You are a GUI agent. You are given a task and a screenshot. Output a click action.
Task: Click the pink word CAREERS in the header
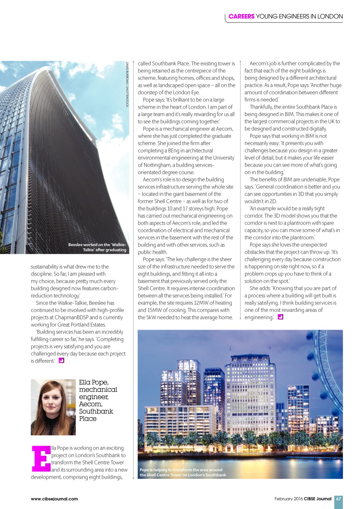click(x=241, y=17)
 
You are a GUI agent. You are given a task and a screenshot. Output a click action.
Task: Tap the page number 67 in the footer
click(x=338, y=498)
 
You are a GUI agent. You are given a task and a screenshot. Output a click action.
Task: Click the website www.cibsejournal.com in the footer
click(x=54, y=499)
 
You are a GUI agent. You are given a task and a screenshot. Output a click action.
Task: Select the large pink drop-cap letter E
click(x=41, y=459)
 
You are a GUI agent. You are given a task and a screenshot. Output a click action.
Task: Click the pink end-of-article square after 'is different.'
click(x=62, y=361)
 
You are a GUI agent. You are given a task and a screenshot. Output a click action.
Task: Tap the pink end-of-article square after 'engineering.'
click(x=280, y=317)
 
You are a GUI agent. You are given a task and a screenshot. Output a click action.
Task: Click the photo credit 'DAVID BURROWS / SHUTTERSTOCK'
click(x=127, y=84)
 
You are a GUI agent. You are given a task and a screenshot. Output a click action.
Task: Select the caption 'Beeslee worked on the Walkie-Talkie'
click(x=97, y=247)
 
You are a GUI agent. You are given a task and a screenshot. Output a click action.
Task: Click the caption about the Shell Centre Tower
click(x=182, y=472)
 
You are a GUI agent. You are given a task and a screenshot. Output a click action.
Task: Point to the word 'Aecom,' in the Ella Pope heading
click(x=91, y=404)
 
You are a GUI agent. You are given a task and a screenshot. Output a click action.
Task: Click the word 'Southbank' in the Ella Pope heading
click(x=96, y=412)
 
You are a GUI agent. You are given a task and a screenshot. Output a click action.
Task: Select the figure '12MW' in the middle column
click(x=201, y=303)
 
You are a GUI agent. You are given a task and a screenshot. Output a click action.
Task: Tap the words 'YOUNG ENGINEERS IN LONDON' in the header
click(x=299, y=17)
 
